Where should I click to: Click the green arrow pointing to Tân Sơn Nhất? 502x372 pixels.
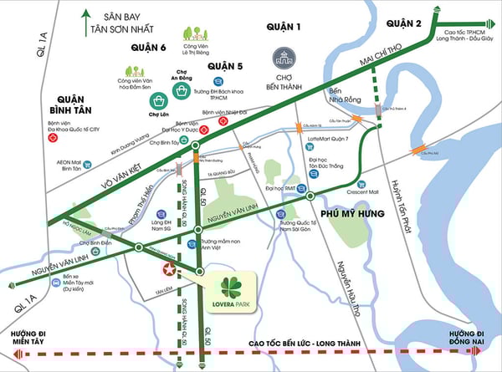click(x=85, y=23)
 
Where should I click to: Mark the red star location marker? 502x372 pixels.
click(x=170, y=269)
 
